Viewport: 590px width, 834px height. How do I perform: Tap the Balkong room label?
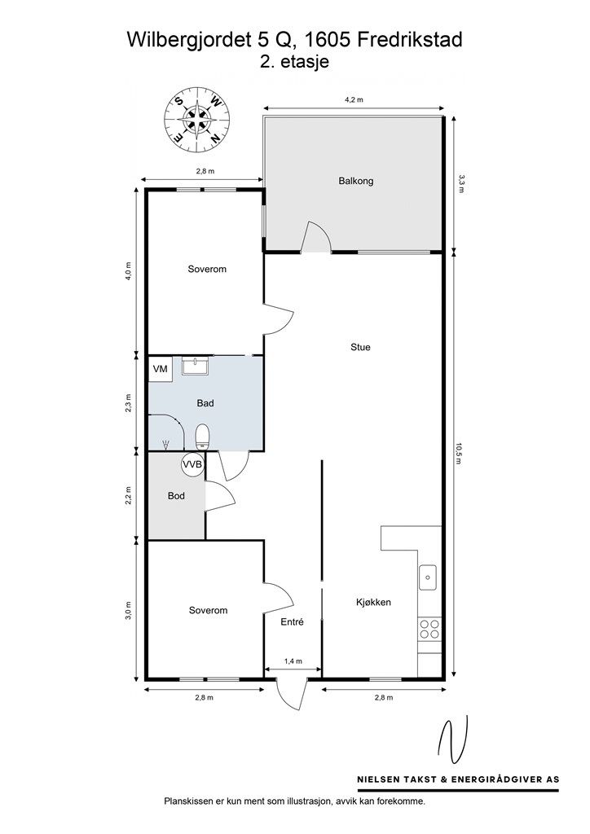pos(356,181)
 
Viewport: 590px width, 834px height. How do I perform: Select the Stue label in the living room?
pos(360,347)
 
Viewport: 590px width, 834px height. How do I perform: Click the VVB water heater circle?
pos(192,464)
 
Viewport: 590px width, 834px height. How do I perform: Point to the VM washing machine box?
pos(161,369)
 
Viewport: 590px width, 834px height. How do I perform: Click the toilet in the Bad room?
pos(202,437)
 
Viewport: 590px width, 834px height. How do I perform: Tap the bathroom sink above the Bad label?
pos(196,366)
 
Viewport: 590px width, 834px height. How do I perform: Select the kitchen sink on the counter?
pos(428,577)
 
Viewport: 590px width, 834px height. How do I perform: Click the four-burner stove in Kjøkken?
pos(429,629)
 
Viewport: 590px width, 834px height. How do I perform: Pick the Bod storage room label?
pos(176,496)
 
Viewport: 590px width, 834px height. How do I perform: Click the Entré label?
pos(292,621)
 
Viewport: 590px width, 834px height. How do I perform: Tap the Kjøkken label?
pos(373,602)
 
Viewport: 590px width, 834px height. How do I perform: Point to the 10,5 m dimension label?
pos(458,454)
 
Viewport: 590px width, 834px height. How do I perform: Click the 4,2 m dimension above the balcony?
pos(354,99)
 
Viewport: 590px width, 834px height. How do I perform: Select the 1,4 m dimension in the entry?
pos(293,661)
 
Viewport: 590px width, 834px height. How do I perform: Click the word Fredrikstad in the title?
pos(410,41)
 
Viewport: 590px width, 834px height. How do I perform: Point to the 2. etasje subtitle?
pos(294,62)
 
